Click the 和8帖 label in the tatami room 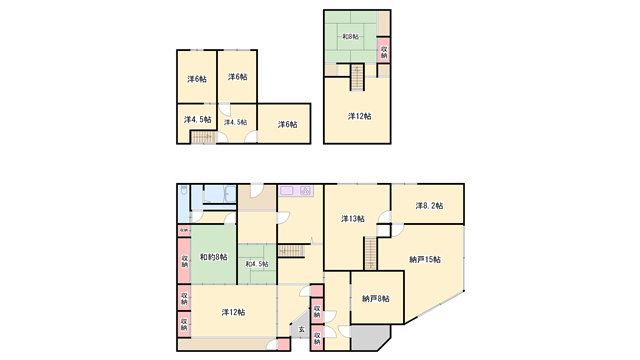point(352,39)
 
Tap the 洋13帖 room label point(352,219)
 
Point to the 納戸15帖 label point(425,260)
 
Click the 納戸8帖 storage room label point(376,298)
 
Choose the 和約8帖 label point(212,258)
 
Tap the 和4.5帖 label point(257,264)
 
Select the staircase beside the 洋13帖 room point(368,253)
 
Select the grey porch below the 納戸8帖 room point(364,341)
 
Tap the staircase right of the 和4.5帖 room point(291,249)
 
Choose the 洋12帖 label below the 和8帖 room point(359,116)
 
